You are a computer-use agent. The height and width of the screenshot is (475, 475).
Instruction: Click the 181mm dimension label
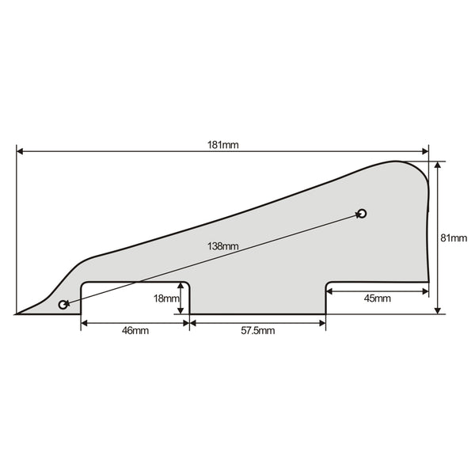coord(223,145)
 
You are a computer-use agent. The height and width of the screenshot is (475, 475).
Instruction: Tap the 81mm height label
coord(454,237)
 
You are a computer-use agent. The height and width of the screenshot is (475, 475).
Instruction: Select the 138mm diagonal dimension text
coord(223,246)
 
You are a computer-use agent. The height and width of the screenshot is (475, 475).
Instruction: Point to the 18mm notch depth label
coord(166,298)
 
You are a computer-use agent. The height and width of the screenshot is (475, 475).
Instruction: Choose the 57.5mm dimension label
coord(258,330)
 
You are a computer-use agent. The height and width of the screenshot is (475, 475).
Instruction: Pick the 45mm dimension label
coord(377,298)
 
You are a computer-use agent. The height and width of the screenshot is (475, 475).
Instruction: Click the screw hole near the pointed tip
coord(63,305)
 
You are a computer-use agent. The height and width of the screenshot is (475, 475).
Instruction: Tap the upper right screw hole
coord(363,214)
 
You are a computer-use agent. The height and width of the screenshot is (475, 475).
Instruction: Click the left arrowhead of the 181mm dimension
coord(20,151)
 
